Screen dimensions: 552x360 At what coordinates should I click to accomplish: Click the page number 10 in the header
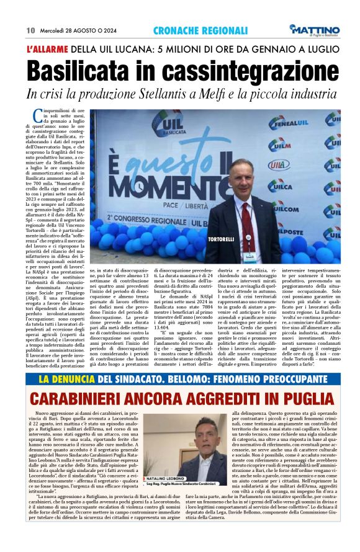(30, 30)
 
